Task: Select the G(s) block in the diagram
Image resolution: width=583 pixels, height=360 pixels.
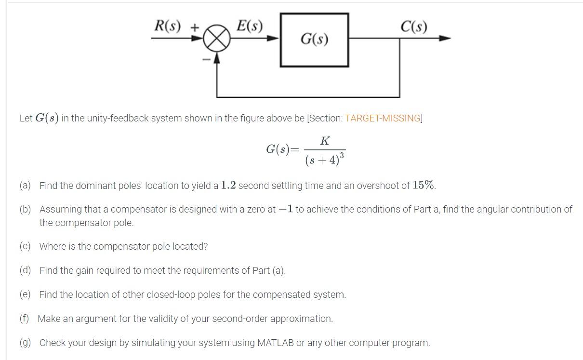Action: (315, 40)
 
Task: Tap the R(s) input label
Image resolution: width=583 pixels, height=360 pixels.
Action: (167, 26)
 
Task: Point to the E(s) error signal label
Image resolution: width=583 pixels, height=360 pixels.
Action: (250, 26)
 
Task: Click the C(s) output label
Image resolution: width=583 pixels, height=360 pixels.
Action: (413, 27)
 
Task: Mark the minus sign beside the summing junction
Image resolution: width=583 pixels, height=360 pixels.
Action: (206, 59)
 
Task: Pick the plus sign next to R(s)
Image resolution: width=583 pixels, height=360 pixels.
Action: (194, 27)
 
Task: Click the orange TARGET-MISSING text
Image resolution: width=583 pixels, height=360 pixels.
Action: (382, 119)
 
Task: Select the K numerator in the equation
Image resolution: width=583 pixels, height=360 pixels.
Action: (325, 141)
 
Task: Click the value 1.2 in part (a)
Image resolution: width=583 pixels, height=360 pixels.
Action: (228, 186)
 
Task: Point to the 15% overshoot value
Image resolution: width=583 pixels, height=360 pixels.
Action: (424, 186)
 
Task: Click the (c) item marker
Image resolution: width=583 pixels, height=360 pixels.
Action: (25, 246)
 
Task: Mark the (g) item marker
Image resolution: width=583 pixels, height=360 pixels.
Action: (25, 343)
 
